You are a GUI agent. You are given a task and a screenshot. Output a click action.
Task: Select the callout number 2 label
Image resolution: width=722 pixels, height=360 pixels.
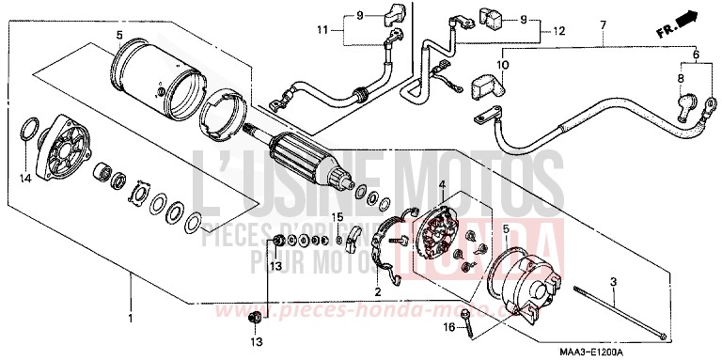[377, 292]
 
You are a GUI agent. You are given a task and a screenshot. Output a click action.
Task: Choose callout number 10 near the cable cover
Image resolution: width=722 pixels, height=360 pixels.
[502, 65]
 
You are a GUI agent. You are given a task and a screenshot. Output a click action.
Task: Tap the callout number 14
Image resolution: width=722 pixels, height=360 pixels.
[25, 176]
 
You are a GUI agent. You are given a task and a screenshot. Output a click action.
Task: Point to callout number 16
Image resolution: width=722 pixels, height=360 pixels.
[449, 327]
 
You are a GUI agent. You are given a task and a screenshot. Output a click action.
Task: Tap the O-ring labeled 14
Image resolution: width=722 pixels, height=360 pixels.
[29, 128]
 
